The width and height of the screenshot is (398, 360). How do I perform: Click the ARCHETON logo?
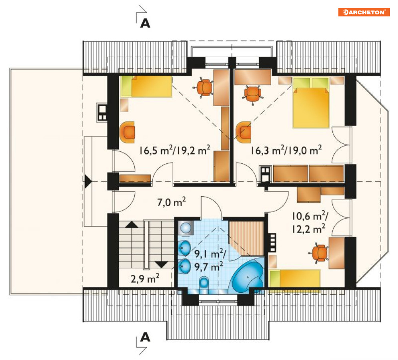364,12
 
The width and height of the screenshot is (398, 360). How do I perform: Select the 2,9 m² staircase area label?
145,278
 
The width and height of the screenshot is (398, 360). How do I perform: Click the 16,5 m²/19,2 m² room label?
175,150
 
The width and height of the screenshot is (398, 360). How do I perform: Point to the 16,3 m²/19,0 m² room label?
286,150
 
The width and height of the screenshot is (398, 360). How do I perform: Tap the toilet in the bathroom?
204,283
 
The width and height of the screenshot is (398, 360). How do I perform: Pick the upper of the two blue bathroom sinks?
185,248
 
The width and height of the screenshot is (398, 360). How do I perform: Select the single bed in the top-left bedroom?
146,86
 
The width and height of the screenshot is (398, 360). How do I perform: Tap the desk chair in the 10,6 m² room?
319,253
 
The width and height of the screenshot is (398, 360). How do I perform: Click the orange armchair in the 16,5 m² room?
128,132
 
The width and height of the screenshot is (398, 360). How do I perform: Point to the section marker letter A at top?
145,23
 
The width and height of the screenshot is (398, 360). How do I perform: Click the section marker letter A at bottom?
145,337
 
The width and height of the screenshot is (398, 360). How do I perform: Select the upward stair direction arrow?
132,224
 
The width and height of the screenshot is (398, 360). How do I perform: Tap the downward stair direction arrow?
162,265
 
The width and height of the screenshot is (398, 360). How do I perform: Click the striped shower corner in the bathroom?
246,238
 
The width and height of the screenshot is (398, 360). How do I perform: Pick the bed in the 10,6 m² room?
294,278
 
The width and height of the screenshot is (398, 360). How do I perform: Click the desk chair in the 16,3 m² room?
252,94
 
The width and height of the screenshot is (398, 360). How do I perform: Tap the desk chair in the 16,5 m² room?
204,88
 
